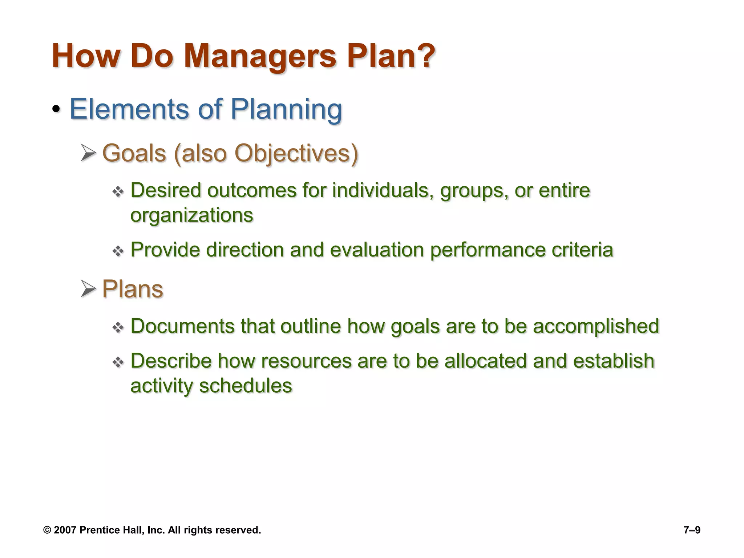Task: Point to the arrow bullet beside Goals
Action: pos(88,153)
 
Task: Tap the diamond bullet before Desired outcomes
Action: pos(118,191)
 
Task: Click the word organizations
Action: pos(191,215)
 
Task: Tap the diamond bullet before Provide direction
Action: pos(118,251)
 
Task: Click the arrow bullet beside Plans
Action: pos(88,289)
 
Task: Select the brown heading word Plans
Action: pos(133,289)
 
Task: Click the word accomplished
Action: pos(596,326)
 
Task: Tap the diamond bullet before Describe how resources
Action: pos(118,362)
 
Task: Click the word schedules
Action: pos(246,385)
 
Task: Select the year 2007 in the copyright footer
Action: pos(65,530)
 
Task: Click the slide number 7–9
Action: pos(692,530)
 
